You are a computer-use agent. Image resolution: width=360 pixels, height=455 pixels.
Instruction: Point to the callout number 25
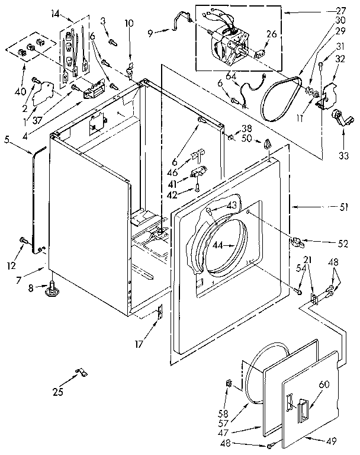pyautogui.click(x=58, y=390)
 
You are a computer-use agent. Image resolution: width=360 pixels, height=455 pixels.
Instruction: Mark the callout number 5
pyautogui.click(x=7, y=140)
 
